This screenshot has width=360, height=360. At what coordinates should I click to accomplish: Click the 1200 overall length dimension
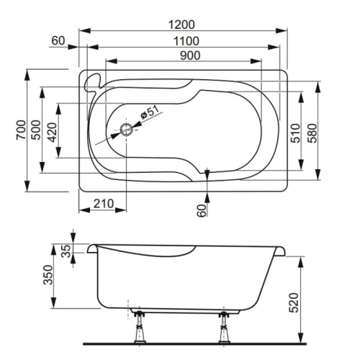pos(181,24)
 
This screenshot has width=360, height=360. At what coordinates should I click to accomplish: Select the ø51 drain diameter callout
pos(148,114)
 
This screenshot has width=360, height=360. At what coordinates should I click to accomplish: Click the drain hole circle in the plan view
pos(127,130)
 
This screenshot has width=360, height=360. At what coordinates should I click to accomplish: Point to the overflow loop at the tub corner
pos(91,81)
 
